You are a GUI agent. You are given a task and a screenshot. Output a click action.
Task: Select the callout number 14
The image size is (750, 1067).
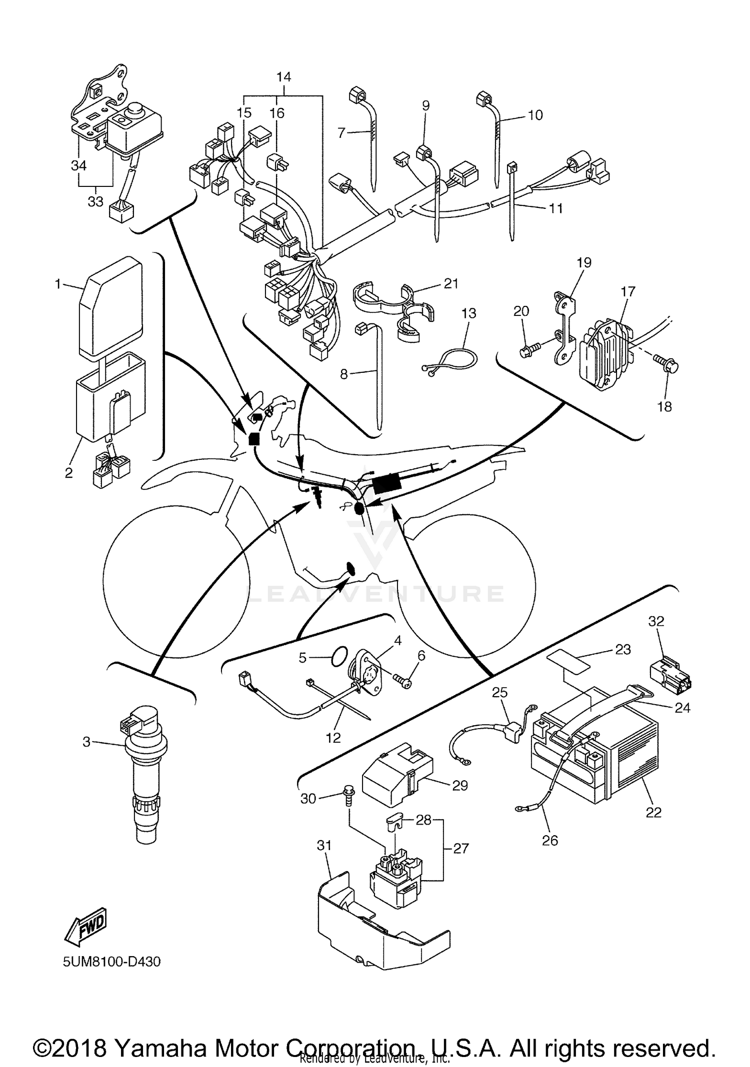(283, 77)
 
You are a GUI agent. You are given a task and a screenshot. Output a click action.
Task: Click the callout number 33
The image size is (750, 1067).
(95, 201)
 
